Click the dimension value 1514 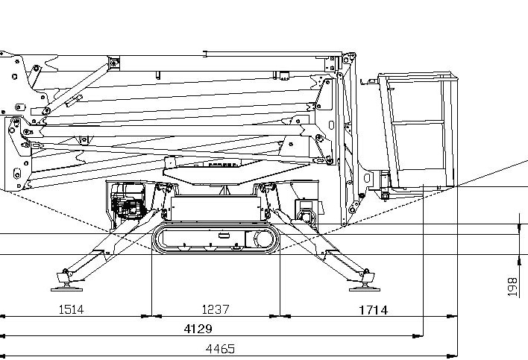(71, 309)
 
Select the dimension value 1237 (216, 309)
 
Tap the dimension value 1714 (374, 310)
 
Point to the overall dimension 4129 (198, 329)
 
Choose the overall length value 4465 (220, 349)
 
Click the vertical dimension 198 (512, 287)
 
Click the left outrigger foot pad (66, 289)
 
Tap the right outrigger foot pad (365, 289)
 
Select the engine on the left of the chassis (128, 201)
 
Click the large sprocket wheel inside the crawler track (263, 239)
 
